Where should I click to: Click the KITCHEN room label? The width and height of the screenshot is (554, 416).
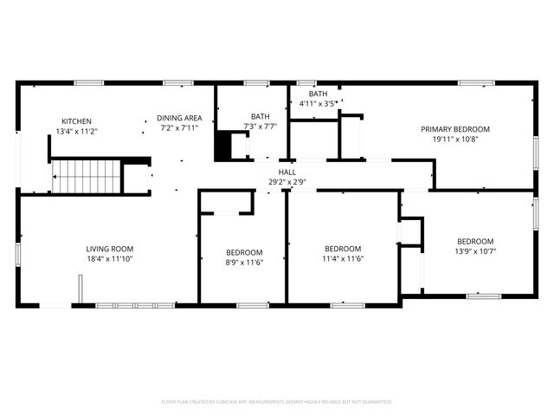click(x=76, y=121)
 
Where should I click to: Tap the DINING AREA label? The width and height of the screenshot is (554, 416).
click(x=179, y=118)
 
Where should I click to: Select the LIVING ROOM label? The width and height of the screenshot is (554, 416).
click(x=109, y=249)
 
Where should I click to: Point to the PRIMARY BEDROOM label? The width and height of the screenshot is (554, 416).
click(x=455, y=129)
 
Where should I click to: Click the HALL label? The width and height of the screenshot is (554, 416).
click(x=287, y=172)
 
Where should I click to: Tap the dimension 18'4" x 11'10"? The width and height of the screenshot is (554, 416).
click(x=109, y=258)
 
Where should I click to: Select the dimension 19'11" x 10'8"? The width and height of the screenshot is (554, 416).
click(x=455, y=139)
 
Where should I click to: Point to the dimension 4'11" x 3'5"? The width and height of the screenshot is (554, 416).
click(x=318, y=104)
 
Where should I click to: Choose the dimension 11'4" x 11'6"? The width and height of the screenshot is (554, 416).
click(x=342, y=257)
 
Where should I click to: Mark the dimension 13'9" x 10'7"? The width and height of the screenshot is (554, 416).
click(x=475, y=251)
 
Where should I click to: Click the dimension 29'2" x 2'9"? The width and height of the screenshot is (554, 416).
click(x=287, y=182)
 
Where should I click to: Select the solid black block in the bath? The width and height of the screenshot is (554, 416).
click(x=224, y=145)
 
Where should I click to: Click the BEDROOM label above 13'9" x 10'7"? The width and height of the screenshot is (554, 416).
click(x=475, y=242)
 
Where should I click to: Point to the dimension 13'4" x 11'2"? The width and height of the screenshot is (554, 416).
click(x=76, y=131)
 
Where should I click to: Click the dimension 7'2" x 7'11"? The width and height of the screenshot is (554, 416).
click(x=179, y=127)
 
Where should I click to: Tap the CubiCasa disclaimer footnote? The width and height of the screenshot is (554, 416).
click(x=277, y=402)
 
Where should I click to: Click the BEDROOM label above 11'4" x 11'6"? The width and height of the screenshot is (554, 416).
click(x=342, y=248)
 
